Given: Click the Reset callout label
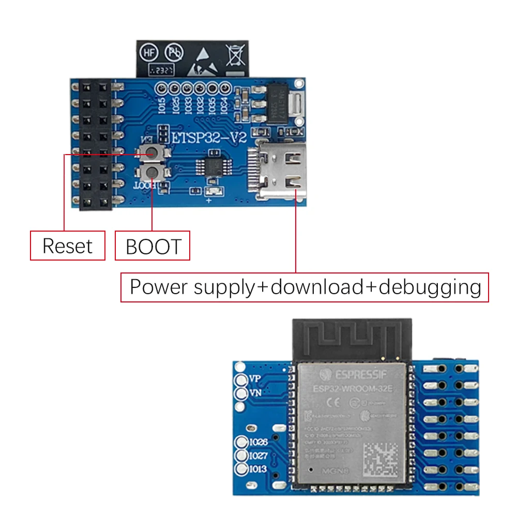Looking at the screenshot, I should click(67, 246).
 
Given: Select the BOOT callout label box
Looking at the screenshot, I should click(153, 247).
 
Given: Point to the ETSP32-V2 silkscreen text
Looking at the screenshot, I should click(209, 138).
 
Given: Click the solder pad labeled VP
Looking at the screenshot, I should click(241, 380).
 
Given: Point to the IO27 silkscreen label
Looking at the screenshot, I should click(258, 456).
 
